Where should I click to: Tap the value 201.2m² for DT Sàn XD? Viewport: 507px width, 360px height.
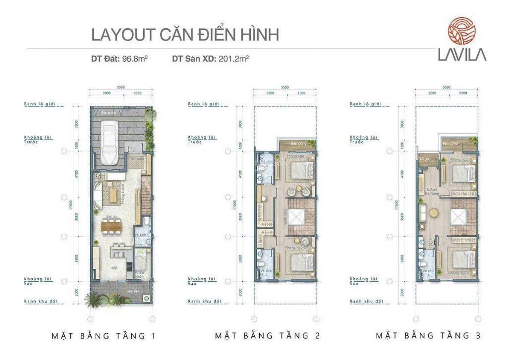[x=233, y=59]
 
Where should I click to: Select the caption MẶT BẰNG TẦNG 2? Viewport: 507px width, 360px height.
[x=268, y=336]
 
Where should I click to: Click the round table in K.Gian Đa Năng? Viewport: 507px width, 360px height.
[x=434, y=213]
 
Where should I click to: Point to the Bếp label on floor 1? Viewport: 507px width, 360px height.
[x=114, y=268]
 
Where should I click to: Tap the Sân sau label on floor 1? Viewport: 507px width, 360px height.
[x=132, y=291]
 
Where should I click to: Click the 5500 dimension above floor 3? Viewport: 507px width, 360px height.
[x=446, y=87]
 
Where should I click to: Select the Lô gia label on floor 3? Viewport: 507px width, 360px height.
[x=424, y=159]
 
